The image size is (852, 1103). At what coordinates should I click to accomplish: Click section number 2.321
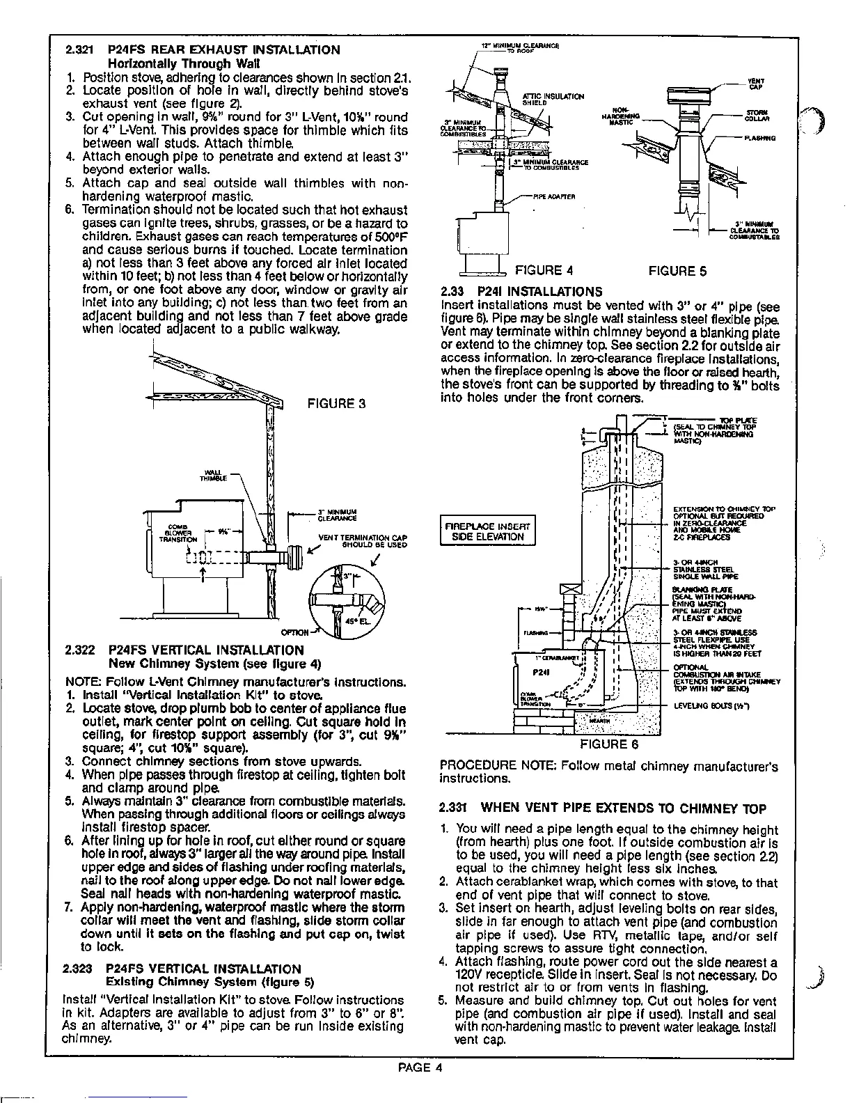click(x=81, y=50)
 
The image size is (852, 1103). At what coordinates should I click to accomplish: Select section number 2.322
click(x=81, y=650)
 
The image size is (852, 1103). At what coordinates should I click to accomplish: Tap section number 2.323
click(x=81, y=969)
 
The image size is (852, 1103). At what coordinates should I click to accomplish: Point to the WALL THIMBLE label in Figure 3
click(x=210, y=477)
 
